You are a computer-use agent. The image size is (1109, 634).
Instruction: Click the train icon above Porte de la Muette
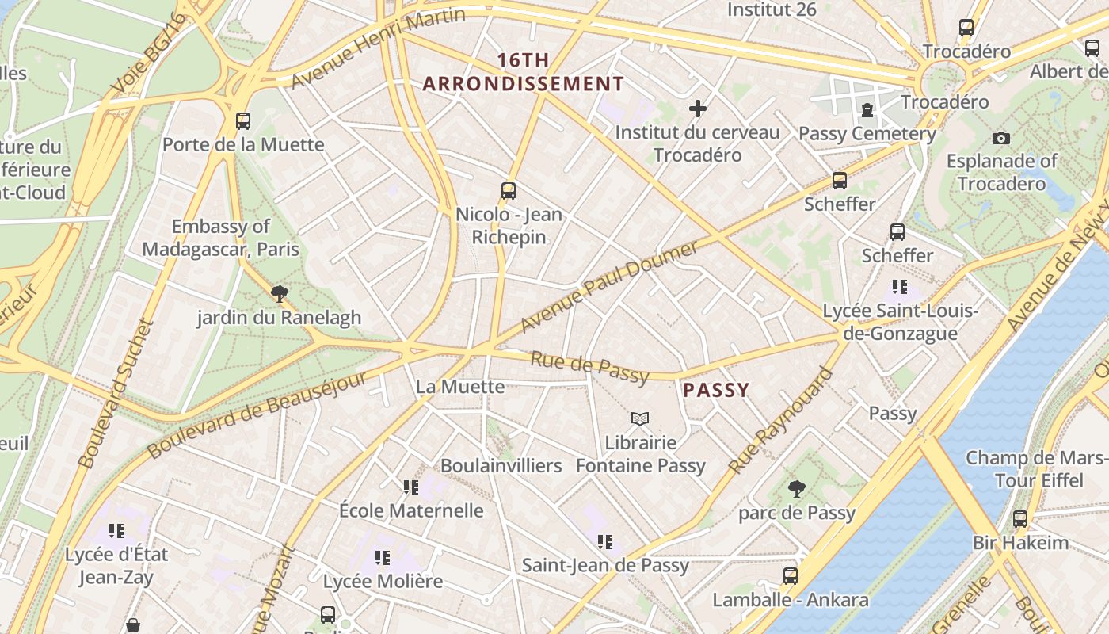coord(243,121)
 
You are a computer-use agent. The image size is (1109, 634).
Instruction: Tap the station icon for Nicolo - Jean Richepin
coord(509,190)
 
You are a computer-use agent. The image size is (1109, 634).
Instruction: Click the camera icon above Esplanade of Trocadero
coord(1001,139)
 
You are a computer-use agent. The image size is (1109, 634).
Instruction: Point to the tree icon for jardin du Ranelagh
coord(279,294)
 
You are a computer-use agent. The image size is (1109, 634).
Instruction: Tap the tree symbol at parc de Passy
coord(797,489)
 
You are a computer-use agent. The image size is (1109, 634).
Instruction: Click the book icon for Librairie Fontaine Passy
coord(640,418)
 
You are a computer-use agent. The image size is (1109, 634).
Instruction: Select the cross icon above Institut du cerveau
coord(698,109)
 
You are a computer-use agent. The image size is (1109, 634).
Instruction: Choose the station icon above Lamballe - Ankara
coord(791,576)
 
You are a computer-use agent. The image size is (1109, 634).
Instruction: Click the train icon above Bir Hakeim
coord(1020,519)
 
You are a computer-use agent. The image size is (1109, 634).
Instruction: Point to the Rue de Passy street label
coord(590,368)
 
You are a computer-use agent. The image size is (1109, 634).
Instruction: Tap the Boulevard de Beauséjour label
coord(257,414)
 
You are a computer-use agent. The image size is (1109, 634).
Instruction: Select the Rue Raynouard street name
coord(782,421)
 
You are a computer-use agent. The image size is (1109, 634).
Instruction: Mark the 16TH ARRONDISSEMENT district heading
coord(523,72)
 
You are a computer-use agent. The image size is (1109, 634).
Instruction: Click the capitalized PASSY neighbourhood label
coord(716,390)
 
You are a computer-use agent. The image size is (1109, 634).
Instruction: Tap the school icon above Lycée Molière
coord(383,558)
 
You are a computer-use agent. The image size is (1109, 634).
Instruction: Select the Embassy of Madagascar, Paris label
coord(221,238)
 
